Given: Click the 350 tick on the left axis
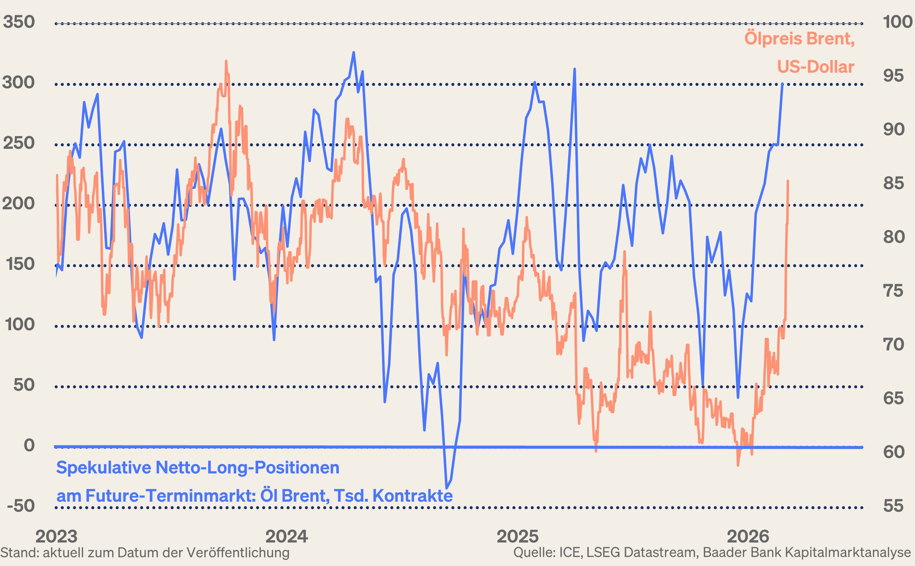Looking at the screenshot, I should coord(19,22).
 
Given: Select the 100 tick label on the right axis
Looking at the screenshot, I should coord(897,22).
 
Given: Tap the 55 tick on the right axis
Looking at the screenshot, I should coord(893,506).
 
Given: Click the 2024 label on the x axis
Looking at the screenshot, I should coord(286,536).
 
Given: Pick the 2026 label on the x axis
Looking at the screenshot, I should coord(748,536).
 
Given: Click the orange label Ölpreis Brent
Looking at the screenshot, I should coord(799,39).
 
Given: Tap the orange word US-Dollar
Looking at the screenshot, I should coord(815,67).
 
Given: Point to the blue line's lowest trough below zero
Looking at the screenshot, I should coord(446,488).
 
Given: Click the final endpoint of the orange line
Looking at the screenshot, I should coord(788,181).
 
